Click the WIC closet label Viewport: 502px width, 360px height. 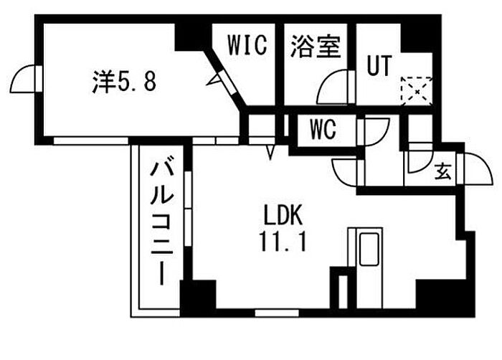pyautogui.click(x=247, y=44)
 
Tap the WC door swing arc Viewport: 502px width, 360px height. pyautogui.click(x=372, y=131)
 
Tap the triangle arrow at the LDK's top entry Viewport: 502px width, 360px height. pyautogui.click(x=271, y=151)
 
